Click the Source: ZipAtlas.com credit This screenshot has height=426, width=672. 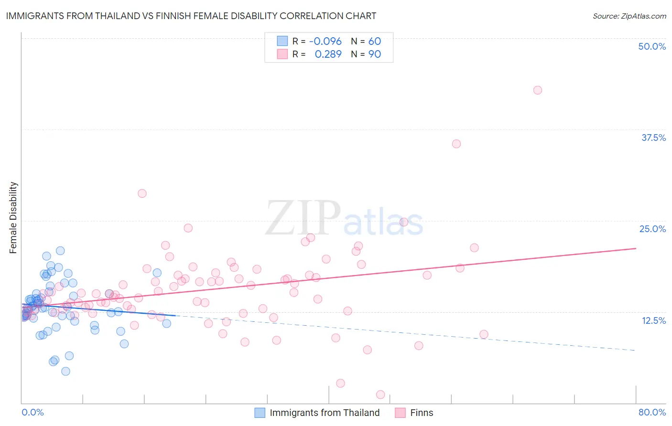coord(629,16)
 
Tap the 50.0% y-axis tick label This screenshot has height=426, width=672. coord(652,46)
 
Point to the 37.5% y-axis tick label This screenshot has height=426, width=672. coord(653,138)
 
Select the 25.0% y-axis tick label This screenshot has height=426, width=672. coord(652,229)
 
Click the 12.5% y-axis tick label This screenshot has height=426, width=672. coord(653,320)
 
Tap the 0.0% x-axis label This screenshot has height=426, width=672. coord(33,412)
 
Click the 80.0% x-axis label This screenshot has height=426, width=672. coord(652,412)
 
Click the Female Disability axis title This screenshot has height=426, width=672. coord(13,217)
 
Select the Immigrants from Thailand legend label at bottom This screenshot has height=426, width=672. coord(325,413)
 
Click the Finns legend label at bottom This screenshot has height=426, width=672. coord(422,413)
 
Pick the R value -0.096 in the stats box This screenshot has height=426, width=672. coord(325,41)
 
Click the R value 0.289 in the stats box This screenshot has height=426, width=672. coord(328,54)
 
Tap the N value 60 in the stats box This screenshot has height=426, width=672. coord(375,41)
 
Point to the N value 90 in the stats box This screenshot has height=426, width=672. coord(375,54)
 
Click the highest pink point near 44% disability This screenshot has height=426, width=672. coord(538,90)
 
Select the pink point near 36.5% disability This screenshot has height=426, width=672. coord(456,144)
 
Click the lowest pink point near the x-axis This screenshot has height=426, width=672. coord(380,394)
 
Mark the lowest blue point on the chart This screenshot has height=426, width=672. coord(66,371)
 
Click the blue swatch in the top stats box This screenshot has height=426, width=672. coord(282,41)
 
